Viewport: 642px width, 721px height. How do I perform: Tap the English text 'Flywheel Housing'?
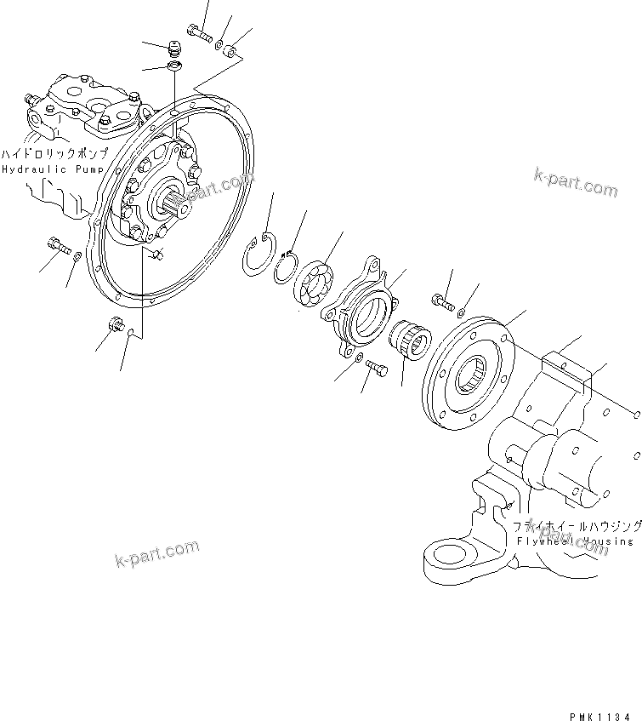pyautogui.click(x=574, y=541)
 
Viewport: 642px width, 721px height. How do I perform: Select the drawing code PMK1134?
pyautogui.click(x=600, y=695)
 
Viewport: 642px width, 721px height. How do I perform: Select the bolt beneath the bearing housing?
pyautogui.click(x=378, y=368)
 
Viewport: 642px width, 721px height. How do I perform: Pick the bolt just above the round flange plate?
pyautogui.click(x=440, y=300)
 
